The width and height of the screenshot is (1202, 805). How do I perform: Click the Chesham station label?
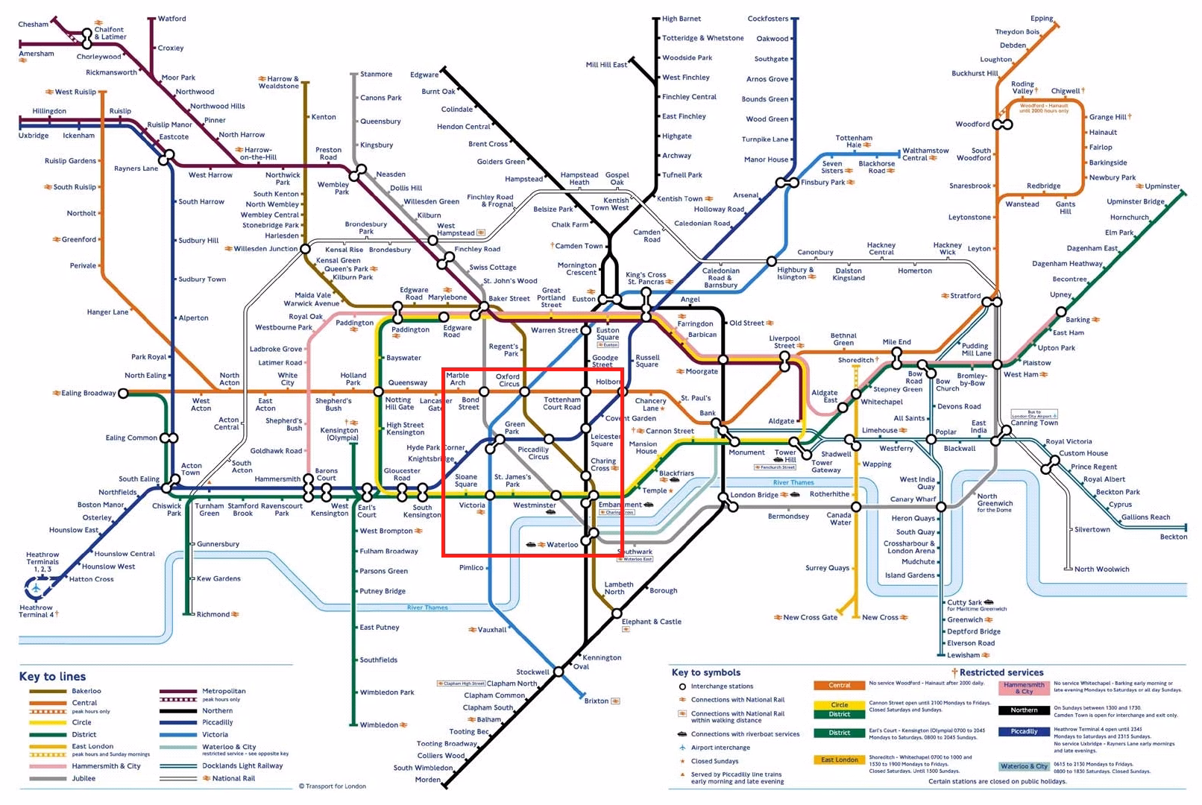click(x=33, y=25)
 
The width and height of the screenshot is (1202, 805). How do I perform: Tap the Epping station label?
click(x=1042, y=19)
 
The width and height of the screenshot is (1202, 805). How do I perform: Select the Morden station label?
click(x=428, y=780)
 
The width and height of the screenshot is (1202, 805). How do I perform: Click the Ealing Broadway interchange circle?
click(x=124, y=393)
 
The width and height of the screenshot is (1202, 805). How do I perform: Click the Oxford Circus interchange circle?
click(x=525, y=391)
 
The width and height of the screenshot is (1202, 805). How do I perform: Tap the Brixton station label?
click(x=597, y=701)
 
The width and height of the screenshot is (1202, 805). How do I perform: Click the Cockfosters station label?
click(x=767, y=19)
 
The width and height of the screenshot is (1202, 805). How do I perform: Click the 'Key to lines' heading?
click(x=52, y=677)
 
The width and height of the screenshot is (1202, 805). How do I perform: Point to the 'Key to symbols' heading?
click(x=705, y=672)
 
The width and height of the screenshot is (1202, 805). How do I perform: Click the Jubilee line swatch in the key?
click(x=48, y=778)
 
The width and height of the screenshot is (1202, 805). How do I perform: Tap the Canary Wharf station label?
click(x=913, y=499)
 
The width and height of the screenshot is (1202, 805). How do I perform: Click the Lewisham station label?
click(x=963, y=655)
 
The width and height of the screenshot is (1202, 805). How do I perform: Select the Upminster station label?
click(x=1162, y=186)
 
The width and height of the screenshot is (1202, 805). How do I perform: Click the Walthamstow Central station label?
click(x=925, y=154)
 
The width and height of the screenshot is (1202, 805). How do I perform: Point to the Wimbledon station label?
click(x=379, y=724)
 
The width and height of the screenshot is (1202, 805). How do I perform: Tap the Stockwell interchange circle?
click(x=558, y=672)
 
